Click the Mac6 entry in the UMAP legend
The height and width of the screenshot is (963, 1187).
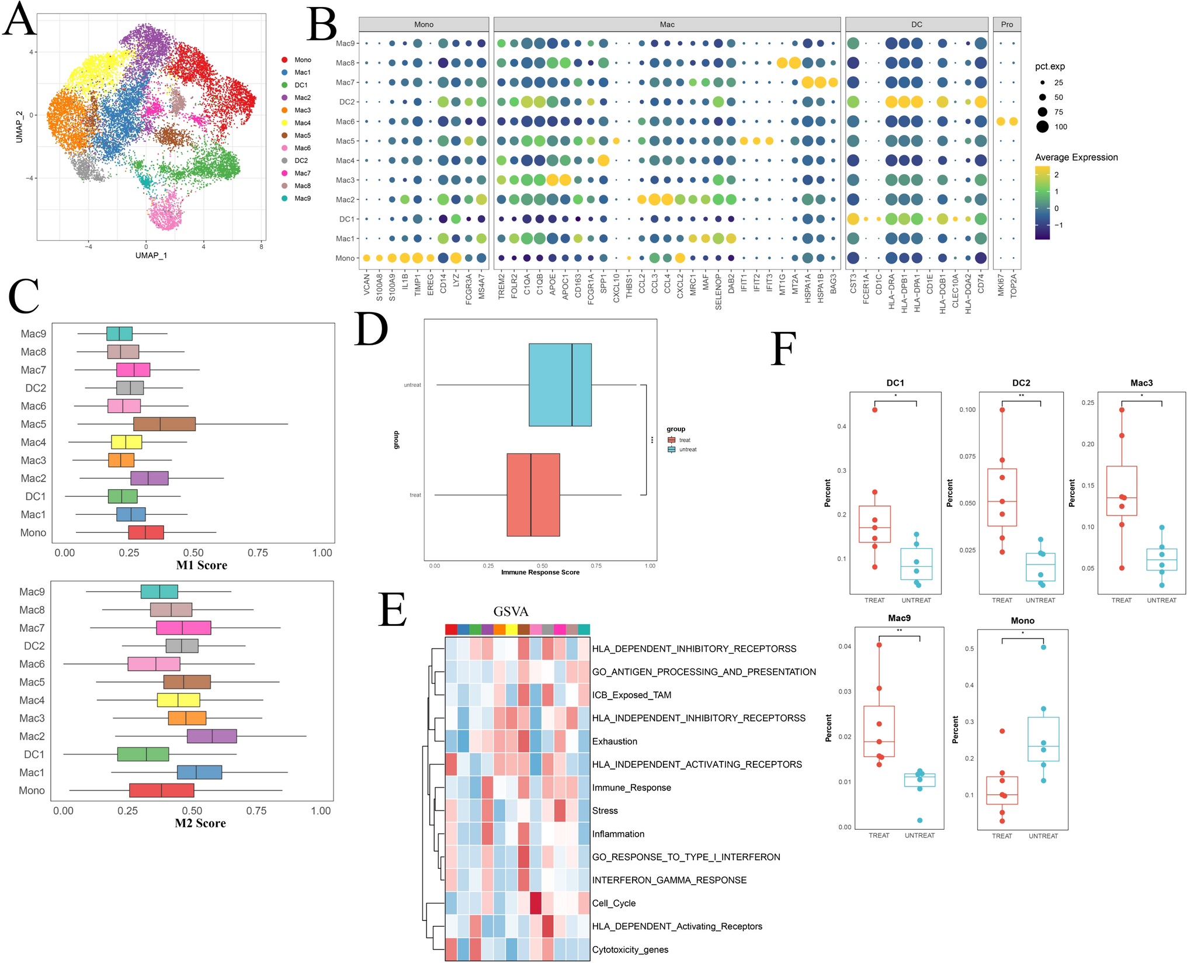(x=302, y=148)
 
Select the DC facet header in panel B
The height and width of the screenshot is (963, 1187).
(x=916, y=25)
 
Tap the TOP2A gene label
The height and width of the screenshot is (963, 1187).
(x=1014, y=286)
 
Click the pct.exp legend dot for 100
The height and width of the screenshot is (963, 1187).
(x=1043, y=127)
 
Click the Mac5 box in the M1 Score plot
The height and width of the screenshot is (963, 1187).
(x=164, y=424)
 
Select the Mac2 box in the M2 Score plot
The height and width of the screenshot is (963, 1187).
(x=211, y=736)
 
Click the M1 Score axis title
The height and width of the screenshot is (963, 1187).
(x=202, y=565)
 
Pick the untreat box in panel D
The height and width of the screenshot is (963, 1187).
(x=560, y=385)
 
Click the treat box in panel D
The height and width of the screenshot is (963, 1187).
(x=533, y=495)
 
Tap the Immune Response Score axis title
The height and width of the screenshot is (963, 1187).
(x=540, y=573)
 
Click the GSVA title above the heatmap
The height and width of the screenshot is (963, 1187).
(x=511, y=612)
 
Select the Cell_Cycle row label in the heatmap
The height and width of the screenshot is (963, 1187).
(x=613, y=903)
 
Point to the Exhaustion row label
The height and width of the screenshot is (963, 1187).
(x=615, y=742)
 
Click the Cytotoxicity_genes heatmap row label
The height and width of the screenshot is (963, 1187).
(x=630, y=950)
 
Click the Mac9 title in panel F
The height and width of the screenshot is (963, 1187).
(x=899, y=618)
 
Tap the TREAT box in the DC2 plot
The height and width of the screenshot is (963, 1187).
(x=1002, y=497)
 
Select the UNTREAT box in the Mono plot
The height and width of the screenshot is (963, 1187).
(x=1043, y=739)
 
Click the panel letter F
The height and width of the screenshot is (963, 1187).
(x=783, y=349)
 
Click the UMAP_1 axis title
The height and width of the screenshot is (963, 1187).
(x=151, y=255)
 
